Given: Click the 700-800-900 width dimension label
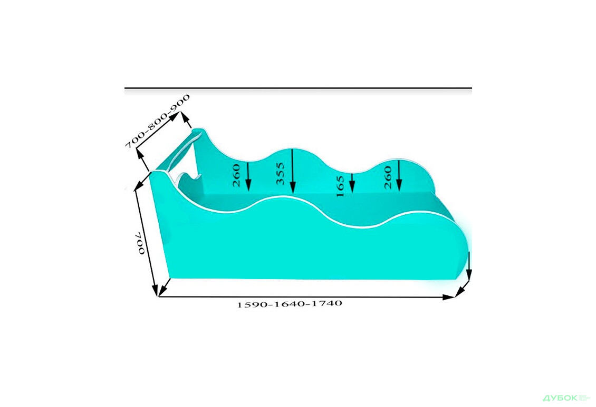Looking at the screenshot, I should click(157, 122).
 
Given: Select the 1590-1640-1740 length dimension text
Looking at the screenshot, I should click(290, 304).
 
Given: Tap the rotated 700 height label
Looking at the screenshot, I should click(140, 243).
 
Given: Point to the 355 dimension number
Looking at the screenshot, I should click(281, 174).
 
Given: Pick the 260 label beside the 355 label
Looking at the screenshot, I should click(236, 175).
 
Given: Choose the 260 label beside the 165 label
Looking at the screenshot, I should click(388, 174).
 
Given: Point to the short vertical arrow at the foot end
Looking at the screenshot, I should click(469, 266).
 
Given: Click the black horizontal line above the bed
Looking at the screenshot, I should click(298, 88).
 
